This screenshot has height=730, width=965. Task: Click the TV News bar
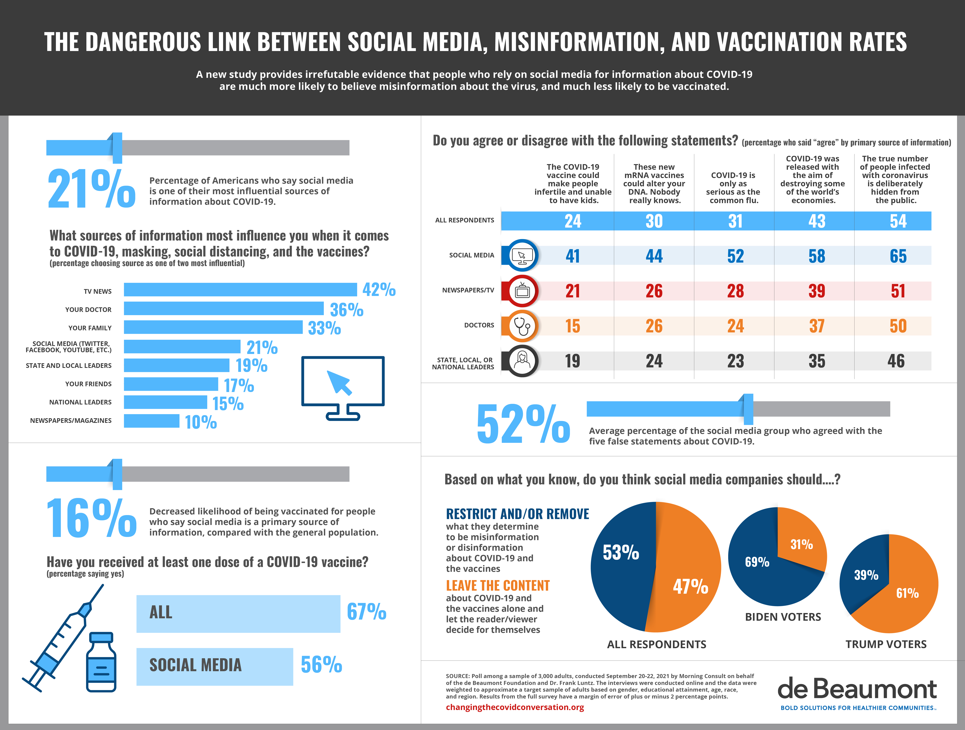[x=240, y=289]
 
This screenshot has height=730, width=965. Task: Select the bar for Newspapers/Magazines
[x=151, y=421]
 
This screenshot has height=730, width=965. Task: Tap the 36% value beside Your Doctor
[x=346, y=310]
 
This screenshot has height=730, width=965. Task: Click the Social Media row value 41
[x=573, y=256]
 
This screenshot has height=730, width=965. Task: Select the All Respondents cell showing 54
[x=898, y=221]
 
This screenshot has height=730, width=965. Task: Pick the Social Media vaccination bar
[x=215, y=666]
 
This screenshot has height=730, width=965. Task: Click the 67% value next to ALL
[x=366, y=612]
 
